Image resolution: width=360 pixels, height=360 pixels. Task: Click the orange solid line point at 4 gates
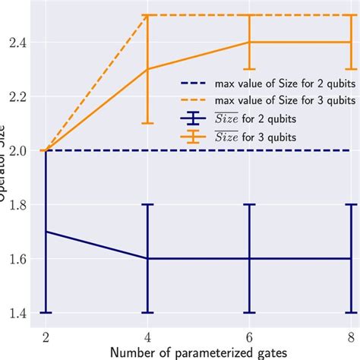click(x=147, y=69)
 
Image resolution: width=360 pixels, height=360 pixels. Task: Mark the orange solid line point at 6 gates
click(x=248, y=43)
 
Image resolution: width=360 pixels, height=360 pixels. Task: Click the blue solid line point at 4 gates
click(x=147, y=258)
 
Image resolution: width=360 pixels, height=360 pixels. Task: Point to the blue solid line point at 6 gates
click(x=248, y=258)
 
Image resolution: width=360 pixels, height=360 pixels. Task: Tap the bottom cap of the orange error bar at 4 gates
click(x=147, y=123)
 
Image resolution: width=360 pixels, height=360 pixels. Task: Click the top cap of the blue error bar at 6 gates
click(x=248, y=204)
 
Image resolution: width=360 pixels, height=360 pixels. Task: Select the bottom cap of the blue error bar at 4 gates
click(x=147, y=312)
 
